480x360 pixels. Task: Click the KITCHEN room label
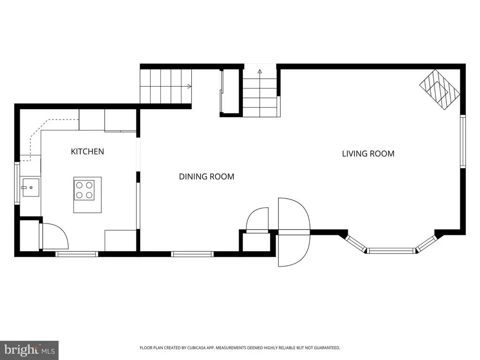(87, 151)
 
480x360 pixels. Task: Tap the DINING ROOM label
(207, 176)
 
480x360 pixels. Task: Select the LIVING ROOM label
(368, 153)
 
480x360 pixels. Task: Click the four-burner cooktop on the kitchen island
(84, 190)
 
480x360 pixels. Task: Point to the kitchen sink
(30, 187)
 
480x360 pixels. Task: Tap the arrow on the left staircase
(189, 86)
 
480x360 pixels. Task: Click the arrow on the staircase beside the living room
(260, 72)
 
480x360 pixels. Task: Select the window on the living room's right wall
(463, 142)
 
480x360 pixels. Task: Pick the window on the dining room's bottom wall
(192, 254)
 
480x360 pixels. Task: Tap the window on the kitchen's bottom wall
(76, 254)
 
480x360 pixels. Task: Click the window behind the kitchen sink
(17, 183)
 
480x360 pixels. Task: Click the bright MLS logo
(30, 350)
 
